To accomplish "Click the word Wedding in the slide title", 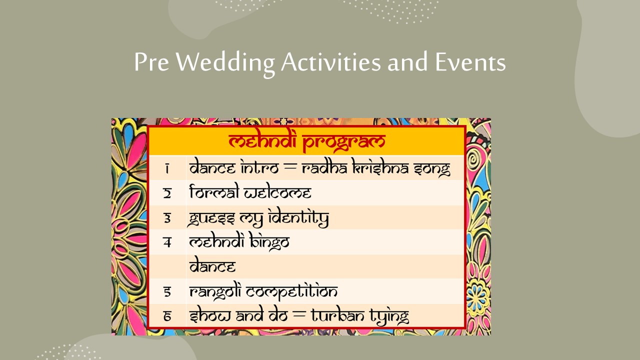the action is point(225,62).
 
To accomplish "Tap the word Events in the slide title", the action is point(470,61).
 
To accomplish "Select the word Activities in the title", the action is point(331,61).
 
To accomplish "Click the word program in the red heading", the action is point(344,141).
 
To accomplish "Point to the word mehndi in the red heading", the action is point(262,140).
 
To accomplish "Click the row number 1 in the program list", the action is point(167,168).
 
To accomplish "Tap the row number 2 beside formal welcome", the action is point(167,193).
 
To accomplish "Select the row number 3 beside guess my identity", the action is point(167,218).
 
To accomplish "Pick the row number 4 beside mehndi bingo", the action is point(167,242).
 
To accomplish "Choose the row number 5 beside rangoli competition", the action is point(167,291).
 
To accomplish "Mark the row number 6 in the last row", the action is point(167,316).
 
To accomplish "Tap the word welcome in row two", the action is point(277,192).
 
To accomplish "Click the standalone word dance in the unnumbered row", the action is point(212,266).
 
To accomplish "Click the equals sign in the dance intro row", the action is point(290,168).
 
